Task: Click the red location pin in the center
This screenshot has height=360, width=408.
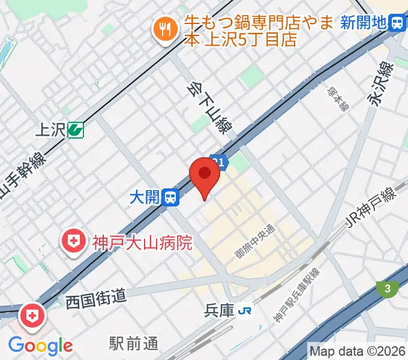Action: click(204, 176)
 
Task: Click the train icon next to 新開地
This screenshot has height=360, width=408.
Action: click(397, 23)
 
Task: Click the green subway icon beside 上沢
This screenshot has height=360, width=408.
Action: click(76, 129)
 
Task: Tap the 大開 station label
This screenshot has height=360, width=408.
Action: click(145, 197)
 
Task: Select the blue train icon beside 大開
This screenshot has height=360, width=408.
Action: click(172, 197)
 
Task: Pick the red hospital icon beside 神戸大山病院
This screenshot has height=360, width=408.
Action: click(73, 243)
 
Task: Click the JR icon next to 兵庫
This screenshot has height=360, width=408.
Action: click(245, 310)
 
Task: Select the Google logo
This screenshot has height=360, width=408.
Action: click(40, 345)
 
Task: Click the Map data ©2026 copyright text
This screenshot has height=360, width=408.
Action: click(357, 350)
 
